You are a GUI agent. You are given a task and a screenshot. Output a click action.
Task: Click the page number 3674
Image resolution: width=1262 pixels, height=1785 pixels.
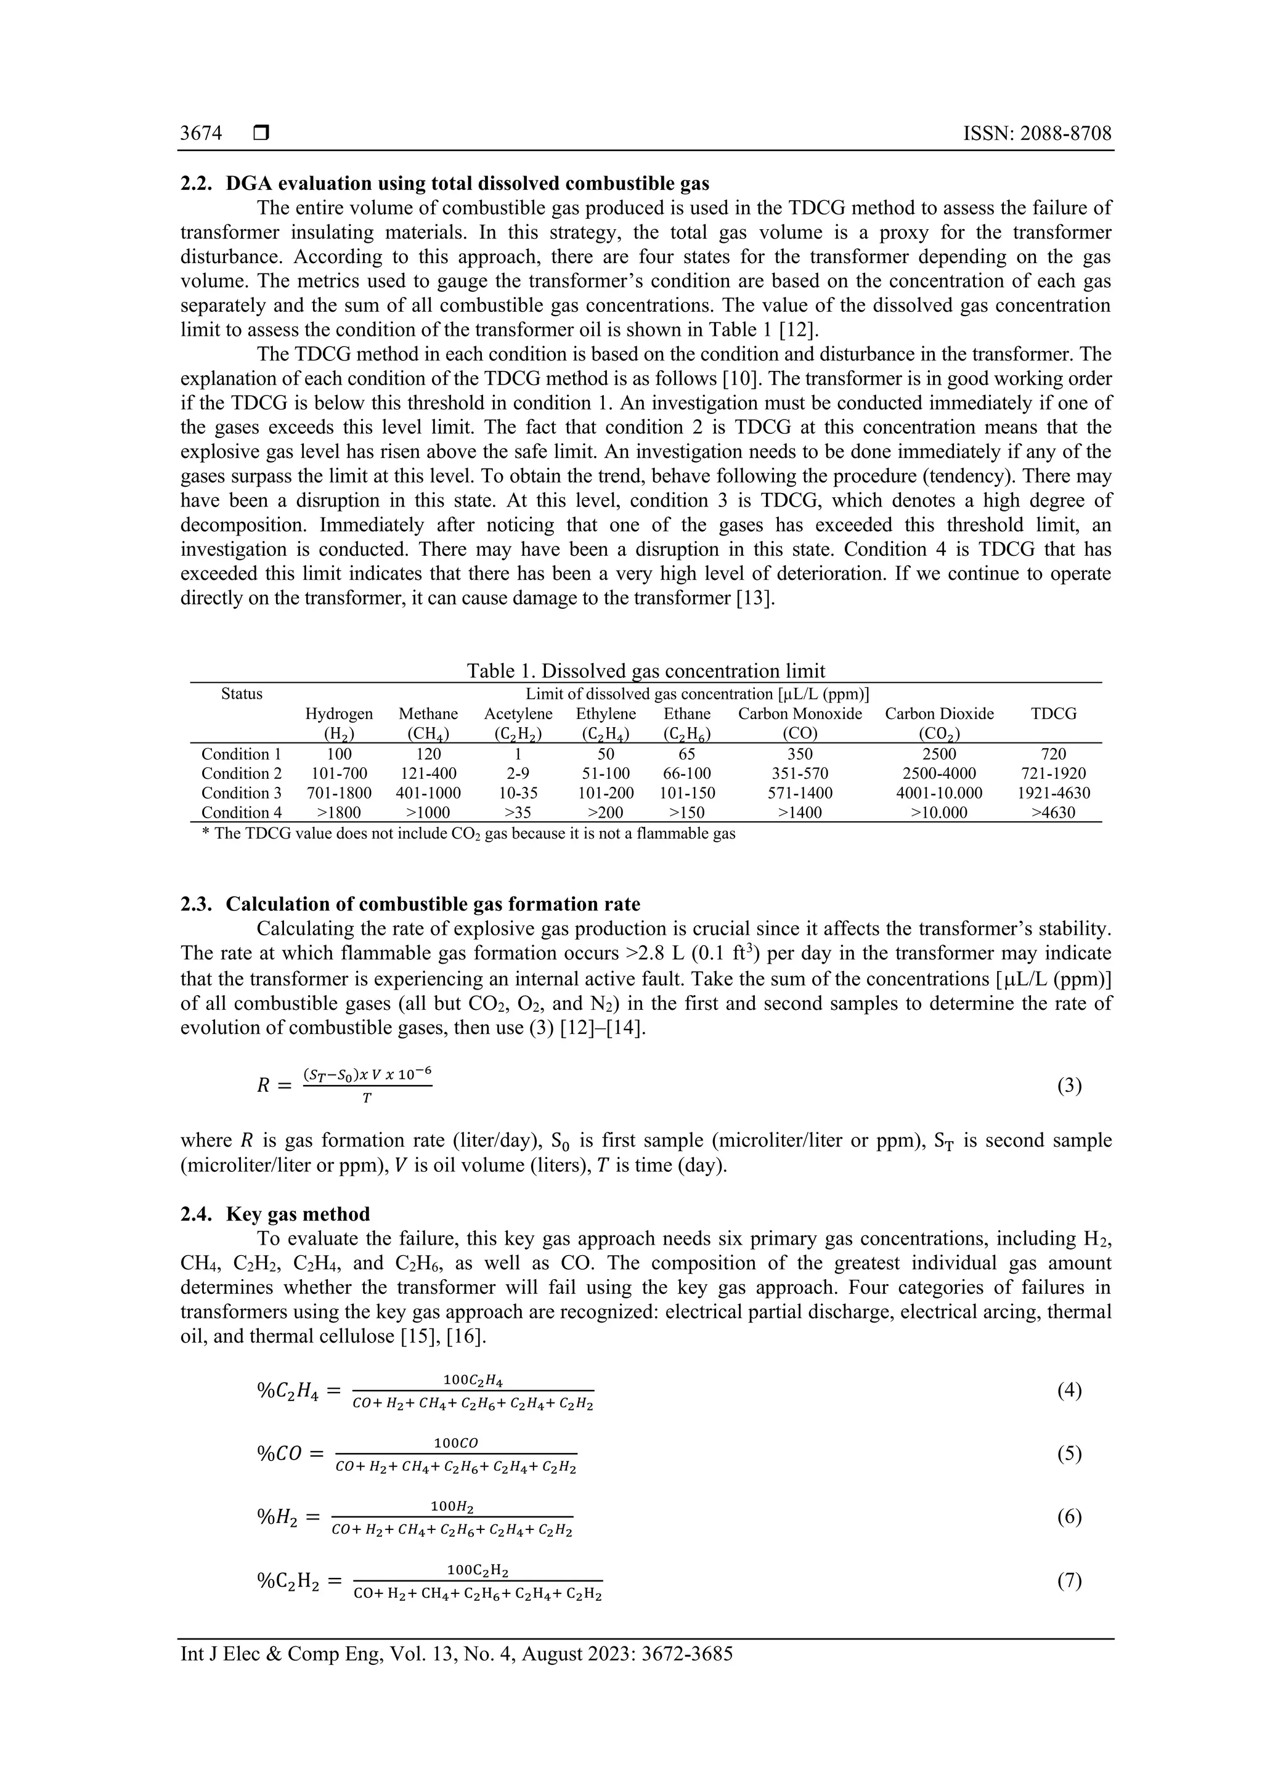click(x=201, y=134)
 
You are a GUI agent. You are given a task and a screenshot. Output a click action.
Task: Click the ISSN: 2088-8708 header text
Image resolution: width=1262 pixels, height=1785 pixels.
click(x=1036, y=134)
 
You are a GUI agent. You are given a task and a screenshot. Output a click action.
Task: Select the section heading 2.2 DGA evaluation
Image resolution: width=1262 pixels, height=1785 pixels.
click(x=444, y=184)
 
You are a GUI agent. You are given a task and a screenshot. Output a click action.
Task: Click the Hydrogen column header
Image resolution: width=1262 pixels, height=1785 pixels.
click(x=338, y=714)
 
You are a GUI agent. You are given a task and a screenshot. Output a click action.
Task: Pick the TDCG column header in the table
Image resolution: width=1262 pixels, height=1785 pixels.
click(x=1053, y=714)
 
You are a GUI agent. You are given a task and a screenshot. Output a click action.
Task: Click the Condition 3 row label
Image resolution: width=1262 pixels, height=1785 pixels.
click(x=241, y=793)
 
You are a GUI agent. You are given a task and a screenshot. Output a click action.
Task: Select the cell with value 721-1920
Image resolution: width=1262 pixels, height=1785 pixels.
click(x=1053, y=773)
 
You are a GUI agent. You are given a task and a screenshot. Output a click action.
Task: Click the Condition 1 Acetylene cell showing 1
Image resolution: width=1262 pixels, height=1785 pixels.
click(x=518, y=754)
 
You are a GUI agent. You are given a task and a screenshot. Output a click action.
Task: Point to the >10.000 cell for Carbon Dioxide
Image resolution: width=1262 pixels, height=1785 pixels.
click(x=938, y=813)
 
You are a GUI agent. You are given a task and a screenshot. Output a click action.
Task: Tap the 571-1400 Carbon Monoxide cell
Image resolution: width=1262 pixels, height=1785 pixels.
click(x=799, y=793)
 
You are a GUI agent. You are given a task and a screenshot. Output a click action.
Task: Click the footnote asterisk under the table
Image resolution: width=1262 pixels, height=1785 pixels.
click(x=205, y=834)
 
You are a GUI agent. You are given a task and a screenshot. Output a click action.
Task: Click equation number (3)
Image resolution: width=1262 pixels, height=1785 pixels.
click(x=1069, y=1086)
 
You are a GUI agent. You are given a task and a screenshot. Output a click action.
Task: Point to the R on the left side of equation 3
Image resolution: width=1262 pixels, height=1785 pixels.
click(x=264, y=1086)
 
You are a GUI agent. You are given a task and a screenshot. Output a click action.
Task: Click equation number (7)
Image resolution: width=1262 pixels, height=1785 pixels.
click(x=1069, y=1580)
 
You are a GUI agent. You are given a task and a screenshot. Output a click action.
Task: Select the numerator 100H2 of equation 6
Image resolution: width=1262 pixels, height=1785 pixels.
click(x=452, y=1506)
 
